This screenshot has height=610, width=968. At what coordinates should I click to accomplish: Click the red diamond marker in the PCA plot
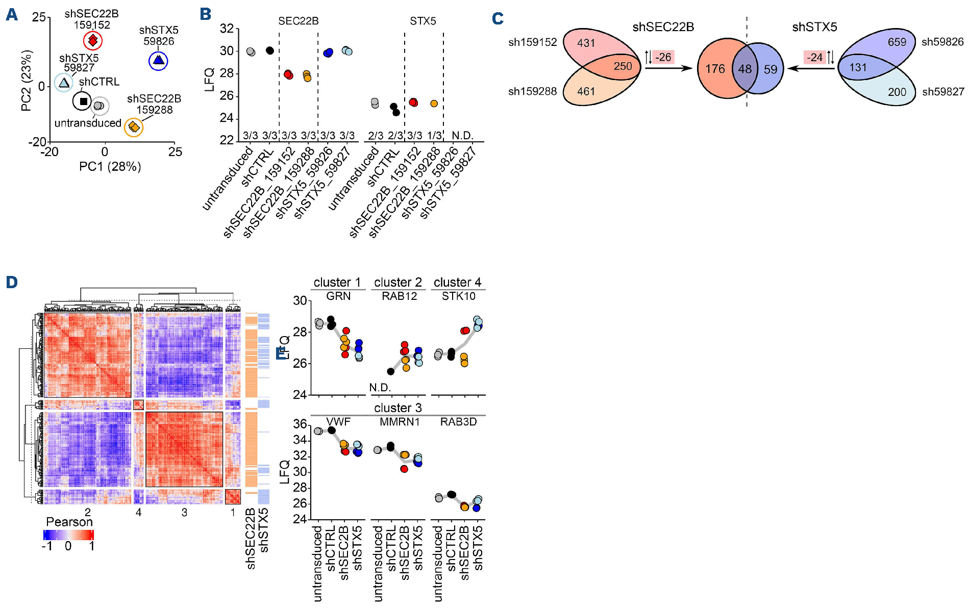pos(93,40)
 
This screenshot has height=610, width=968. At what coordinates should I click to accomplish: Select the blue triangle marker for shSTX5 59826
pos(158,61)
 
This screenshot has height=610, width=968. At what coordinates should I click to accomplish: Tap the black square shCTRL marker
pos(83,101)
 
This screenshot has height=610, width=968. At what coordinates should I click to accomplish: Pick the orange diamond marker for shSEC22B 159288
pos(134,126)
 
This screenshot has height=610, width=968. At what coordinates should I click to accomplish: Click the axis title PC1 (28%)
pos(110,167)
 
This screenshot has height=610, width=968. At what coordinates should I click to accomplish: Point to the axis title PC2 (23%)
pos(27,80)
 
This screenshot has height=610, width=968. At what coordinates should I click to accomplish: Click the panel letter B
pos(206,14)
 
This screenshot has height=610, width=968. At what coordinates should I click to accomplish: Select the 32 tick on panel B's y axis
pos(227,29)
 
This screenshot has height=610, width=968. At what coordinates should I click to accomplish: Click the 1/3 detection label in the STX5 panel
pos(434,135)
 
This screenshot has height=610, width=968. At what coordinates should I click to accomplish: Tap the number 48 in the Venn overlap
pos(744,69)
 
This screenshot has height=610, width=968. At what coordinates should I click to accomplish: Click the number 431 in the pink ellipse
pos(586,43)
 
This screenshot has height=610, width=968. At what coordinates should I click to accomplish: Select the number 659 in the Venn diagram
pos(897,42)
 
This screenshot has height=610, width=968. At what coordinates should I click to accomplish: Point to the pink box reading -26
pos(663,57)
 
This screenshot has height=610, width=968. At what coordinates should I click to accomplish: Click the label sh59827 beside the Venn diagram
pos(942,92)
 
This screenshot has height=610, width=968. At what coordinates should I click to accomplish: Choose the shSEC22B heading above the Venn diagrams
pos(663,27)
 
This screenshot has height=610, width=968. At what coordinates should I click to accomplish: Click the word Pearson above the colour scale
pos(69,522)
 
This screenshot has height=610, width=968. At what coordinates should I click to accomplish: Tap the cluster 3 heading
pos(398,408)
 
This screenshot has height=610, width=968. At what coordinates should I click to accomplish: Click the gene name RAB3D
pos(458,422)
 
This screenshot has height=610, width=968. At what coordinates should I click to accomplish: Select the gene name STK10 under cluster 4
pos(458,296)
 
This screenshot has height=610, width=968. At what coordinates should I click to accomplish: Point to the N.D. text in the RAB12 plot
pos(380,388)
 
